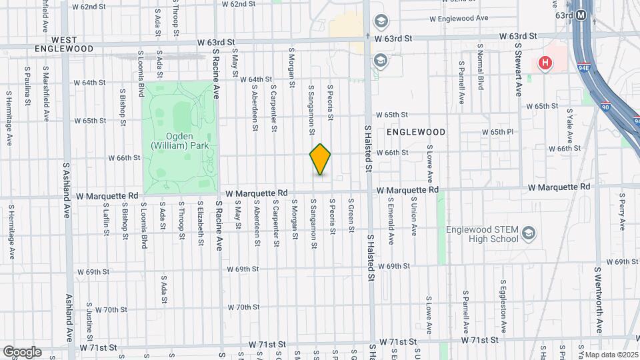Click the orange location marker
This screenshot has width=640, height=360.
320,159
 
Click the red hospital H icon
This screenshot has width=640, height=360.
545,63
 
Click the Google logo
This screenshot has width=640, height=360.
21,351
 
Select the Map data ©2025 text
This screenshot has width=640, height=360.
608,355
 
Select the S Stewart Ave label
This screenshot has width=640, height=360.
517,69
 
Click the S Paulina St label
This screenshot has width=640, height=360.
27,86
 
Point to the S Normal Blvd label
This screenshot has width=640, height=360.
480,69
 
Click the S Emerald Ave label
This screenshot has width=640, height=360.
391,215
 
